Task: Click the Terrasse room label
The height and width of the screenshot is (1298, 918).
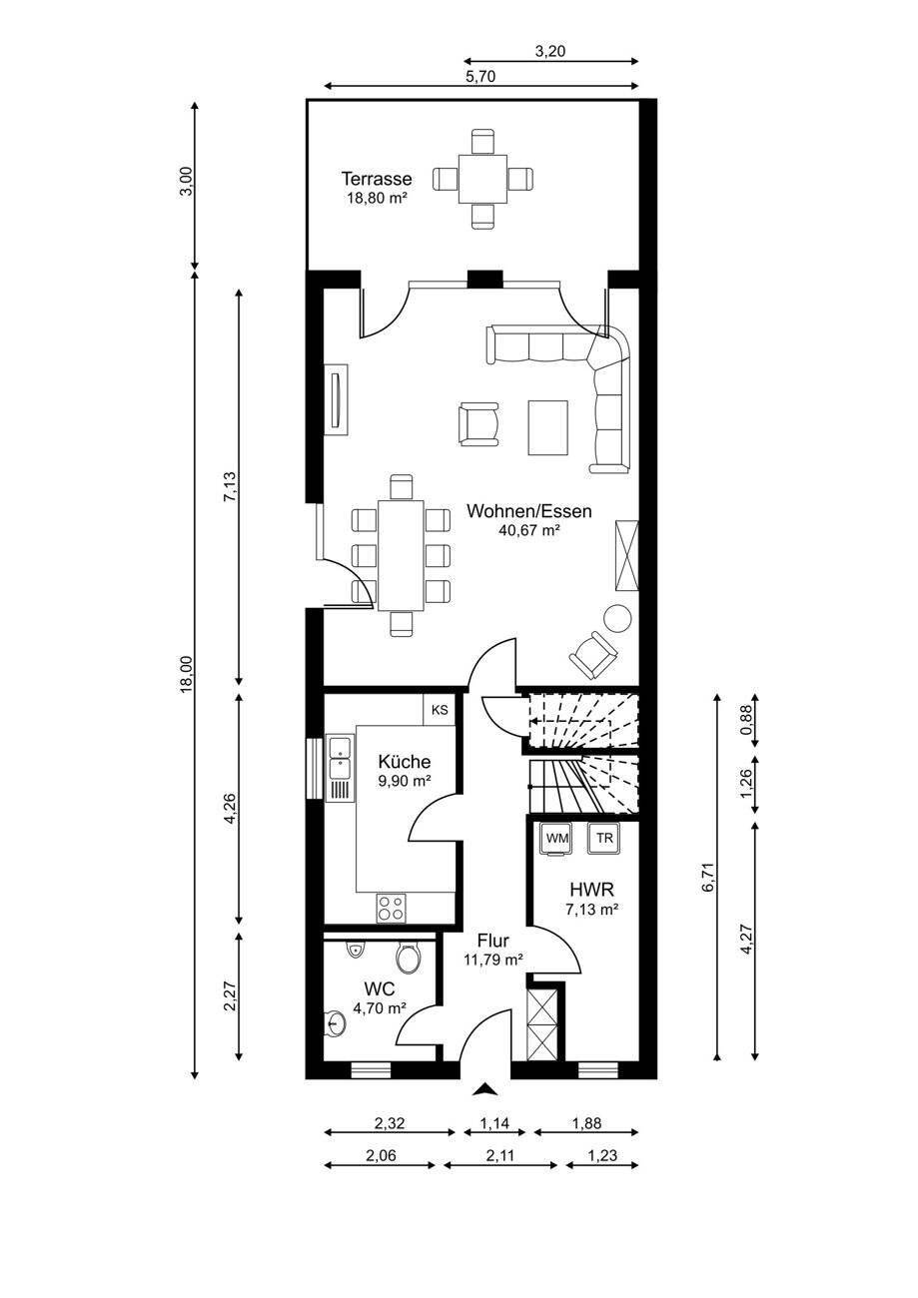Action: [377, 178]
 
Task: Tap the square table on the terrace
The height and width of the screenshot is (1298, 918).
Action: [482, 179]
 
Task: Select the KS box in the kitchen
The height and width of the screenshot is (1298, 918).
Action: [440, 710]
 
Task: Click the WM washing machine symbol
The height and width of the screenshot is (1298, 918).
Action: [557, 838]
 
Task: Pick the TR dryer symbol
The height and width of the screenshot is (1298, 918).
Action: [604, 838]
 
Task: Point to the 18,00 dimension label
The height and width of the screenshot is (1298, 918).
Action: [186, 674]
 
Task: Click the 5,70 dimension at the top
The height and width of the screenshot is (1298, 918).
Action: [481, 77]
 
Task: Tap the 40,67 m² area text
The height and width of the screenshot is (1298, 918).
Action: [529, 529]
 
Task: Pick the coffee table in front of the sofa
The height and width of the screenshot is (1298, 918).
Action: [547, 427]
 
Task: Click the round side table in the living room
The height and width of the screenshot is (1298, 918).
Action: [616, 618]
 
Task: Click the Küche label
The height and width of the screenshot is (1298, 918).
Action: [404, 761]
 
